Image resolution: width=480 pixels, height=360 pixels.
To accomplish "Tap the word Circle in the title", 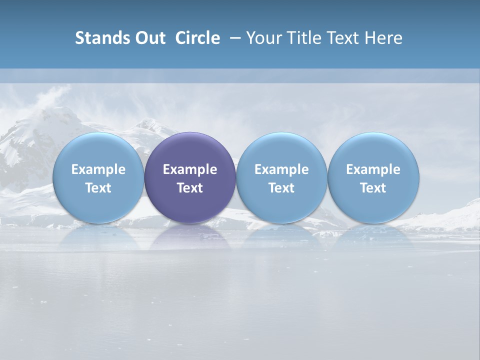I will pyautogui.click(x=197, y=38).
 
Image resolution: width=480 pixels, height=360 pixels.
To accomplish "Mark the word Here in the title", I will pyautogui.click(x=385, y=38).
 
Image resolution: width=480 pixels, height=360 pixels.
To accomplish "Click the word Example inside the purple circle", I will pyautogui.click(x=190, y=169).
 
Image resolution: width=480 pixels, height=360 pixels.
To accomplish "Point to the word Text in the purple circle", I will pyautogui.click(x=190, y=188).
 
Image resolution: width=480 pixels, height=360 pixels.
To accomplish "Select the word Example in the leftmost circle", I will pyautogui.click(x=98, y=169).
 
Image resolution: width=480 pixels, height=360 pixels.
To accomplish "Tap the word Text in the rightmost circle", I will pyautogui.click(x=373, y=188).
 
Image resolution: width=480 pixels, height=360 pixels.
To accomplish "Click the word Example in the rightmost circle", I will pyautogui.click(x=373, y=169).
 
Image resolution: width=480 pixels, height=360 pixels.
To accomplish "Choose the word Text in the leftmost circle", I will pyautogui.click(x=98, y=188).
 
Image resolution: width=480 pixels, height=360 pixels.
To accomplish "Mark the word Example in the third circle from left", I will pyautogui.click(x=281, y=169).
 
